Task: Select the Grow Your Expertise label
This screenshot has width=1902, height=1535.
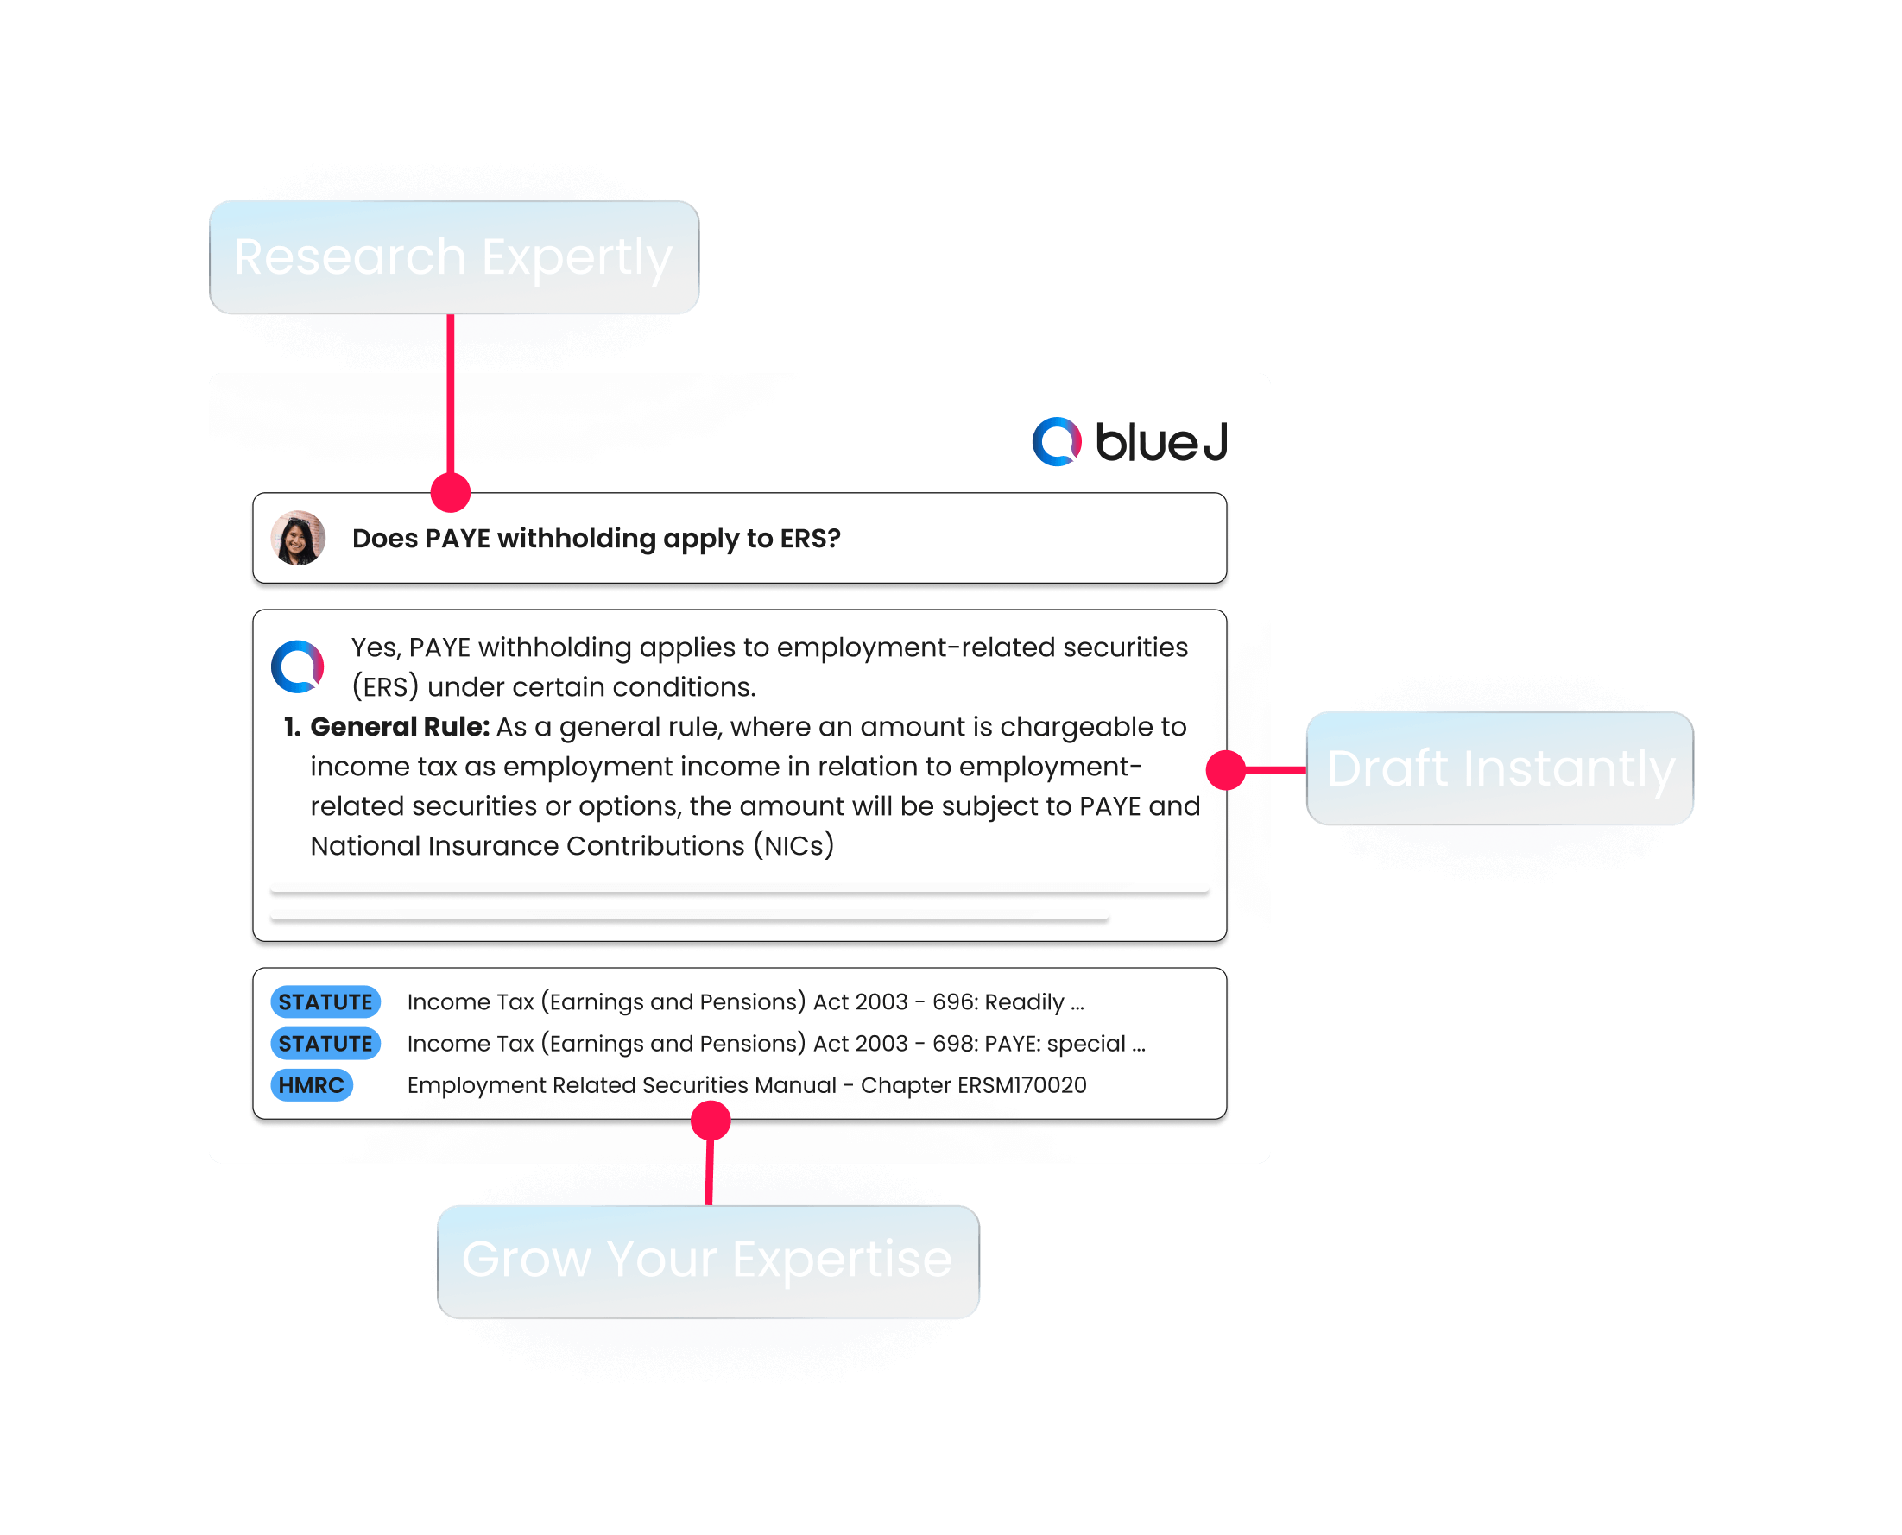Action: (707, 1260)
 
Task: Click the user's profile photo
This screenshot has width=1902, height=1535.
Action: (298, 538)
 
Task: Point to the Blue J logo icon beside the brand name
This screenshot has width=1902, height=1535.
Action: (1057, 441)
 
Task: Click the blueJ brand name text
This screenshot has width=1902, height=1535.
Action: (1161, 442)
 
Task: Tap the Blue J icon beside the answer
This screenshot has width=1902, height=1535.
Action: (297, 666)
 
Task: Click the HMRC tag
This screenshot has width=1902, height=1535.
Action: (312, 1085)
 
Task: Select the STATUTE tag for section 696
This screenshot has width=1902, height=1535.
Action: (325, 1001)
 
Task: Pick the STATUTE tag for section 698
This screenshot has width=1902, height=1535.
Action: (325, 1044)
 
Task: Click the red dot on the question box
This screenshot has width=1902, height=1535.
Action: (450, 492)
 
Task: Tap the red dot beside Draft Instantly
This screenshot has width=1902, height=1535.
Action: (1226, 769)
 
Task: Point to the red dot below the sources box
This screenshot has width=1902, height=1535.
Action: (710, 1121)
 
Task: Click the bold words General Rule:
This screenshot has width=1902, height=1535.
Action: (400, 727)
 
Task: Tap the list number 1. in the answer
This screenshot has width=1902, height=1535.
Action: (292, 727)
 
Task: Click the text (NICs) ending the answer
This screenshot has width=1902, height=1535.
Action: (794, 846)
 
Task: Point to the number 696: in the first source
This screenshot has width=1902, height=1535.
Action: (955, 1001)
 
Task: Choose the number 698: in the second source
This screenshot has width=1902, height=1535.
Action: (955, 1044)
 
